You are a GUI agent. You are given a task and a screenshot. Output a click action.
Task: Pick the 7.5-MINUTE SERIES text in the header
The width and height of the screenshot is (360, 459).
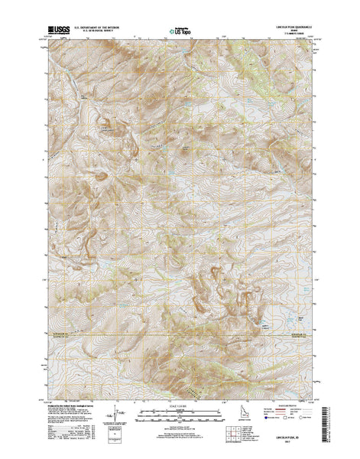coord(294,31)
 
